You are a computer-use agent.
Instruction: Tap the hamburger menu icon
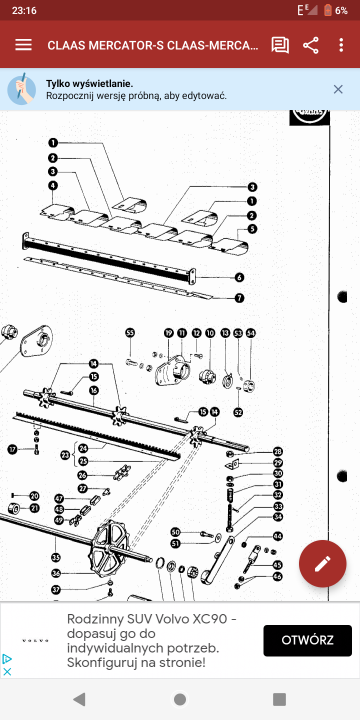[23, 45]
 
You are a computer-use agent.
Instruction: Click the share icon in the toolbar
[311, 45]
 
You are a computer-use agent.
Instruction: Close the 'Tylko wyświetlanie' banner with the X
[338, 89]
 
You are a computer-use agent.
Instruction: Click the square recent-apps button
[279, 698]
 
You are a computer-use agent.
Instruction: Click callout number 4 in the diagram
[52, 186]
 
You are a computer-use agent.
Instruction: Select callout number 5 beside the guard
[253, 229]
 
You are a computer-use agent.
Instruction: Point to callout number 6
[240, 277]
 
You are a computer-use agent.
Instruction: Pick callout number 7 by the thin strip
[240, 297]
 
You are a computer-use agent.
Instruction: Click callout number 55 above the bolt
[130, 332]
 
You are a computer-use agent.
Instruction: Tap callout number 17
[13, 449]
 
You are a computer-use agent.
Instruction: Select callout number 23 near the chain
[64, 455]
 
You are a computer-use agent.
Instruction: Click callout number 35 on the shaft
[55, 556]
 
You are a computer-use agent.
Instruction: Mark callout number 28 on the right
[278, 451]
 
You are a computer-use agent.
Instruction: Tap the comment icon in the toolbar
[280, 45]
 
